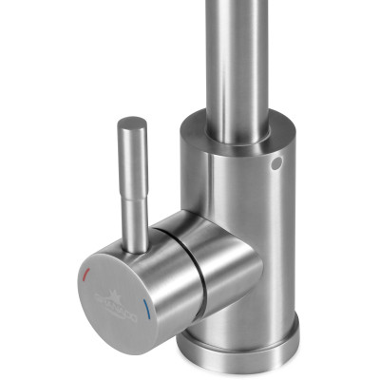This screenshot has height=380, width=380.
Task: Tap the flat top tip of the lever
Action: tap(131, 122)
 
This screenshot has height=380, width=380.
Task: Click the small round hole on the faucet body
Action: tap(276, 164)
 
